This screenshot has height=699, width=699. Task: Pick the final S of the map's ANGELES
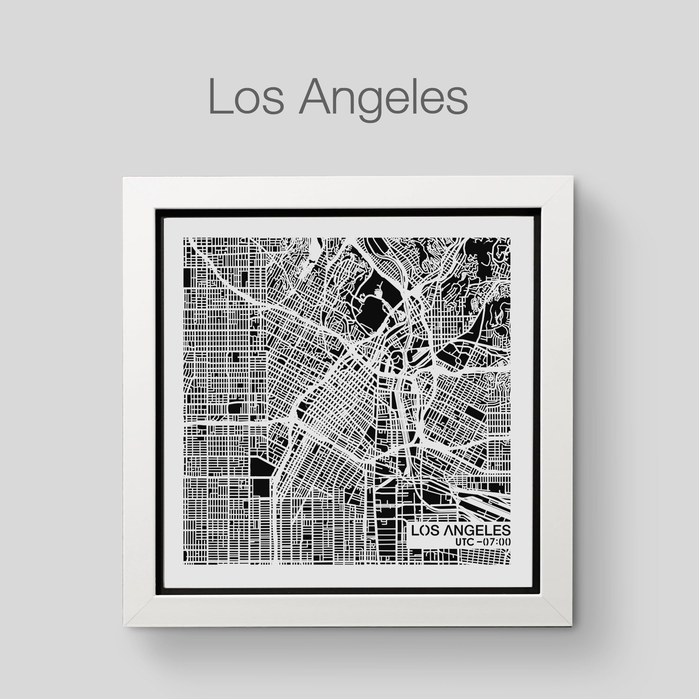coord(506,530)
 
